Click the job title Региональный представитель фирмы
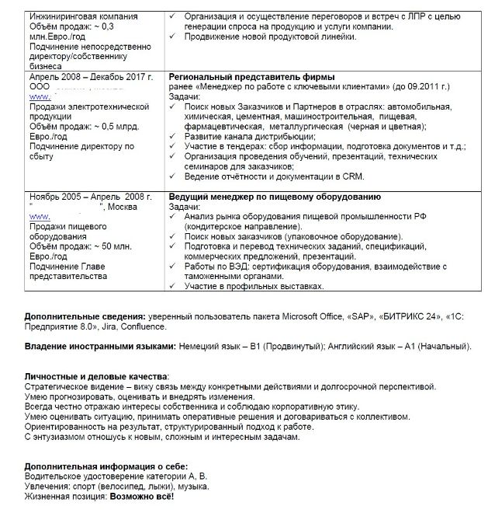pyautogui.click(x=251, y=77)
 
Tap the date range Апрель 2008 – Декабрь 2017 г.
pyautogui.click(x=91, y=77)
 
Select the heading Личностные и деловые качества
pyautogui.click(x=95, y=377)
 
